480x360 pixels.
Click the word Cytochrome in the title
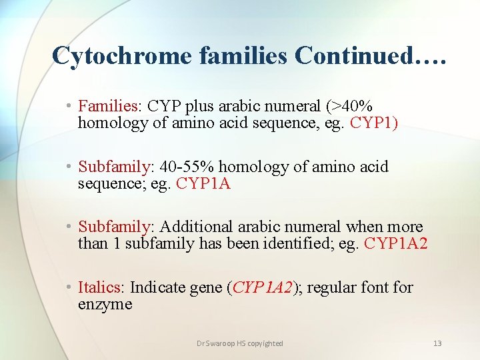(x=121, y=57)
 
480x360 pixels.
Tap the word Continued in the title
(x=353, y=57)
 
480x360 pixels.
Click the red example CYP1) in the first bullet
(x=374, y=123)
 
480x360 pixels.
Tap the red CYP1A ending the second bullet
(x=203, y=183)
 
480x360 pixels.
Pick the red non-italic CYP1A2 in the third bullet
(x=395, y=244)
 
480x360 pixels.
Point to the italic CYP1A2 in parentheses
(x=263, y=288)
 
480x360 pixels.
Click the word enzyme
(x=105, y=305)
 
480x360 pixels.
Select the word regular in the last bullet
(x=334, y=288)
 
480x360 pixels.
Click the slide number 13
(x=437, y=343)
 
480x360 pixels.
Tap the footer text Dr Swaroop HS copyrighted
(x=240, y=343)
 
